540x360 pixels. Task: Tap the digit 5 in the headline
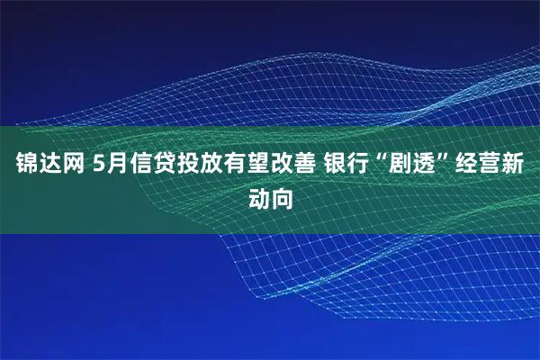point(97,165)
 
